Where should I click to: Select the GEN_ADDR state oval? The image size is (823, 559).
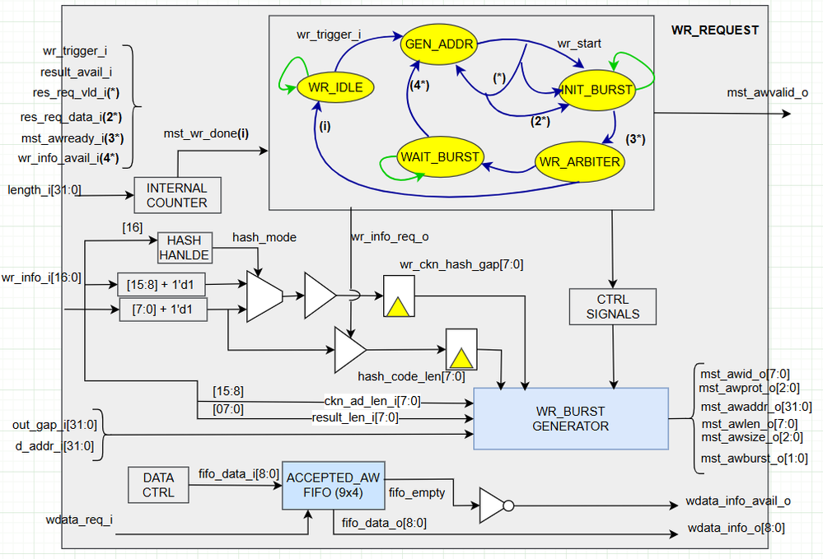pyautogui.click(x=438, y=44)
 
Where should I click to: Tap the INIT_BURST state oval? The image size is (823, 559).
pyautogui.click(x=597, y=89)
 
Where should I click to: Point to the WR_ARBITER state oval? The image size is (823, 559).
pyautogui.click(x=578, y=161)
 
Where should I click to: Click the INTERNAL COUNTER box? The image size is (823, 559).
pyautogui.click(x=177, y=194)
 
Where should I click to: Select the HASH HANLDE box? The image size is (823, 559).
pyautogui.click(x=185, y=245)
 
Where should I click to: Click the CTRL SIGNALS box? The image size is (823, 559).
pyautogui.click(x=612, y=305)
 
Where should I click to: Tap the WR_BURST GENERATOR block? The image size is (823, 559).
pyautogui.click(x=568, y=418)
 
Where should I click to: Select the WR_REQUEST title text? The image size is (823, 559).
pyautogui.click(x=714, y=30)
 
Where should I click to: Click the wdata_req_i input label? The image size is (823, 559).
pyautogui.click(x=80, y=519)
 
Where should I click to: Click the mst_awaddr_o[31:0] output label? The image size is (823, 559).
pyautogui.click(x=755, y=406)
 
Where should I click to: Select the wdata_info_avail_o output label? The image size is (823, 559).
pyautogui.click(x=737, y=501)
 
